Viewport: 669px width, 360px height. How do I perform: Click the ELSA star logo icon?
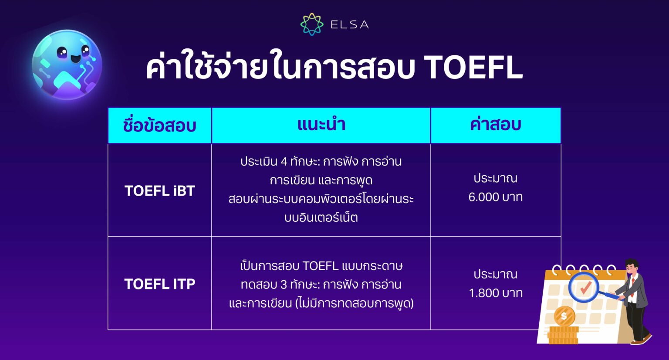pyautogui.click(x=312, y=24)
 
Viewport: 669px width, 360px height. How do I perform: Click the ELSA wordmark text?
pyautogui.click(x=349, y=25)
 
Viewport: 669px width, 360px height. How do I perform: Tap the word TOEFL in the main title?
pyautogui.click(x=473, y=67)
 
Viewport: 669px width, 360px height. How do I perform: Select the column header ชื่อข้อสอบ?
pyautogui.click(x=159, y=126)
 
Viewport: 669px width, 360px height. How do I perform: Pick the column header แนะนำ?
pyautogui.click(x=321, y=125)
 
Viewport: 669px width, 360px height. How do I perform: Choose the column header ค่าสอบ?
pyautogui.click(x=496, y=125)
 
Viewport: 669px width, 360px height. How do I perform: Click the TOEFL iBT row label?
pyautogui.click(x=159, y=191)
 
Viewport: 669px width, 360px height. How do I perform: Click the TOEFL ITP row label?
pyautogui.click(x=159, y=284)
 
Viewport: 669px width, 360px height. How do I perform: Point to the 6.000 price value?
pyautogui.click(x=483, y=197)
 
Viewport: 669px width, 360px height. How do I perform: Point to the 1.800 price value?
pyautogui.click(x=483, y=293)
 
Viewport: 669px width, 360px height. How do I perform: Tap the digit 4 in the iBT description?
pyautogui.click(x=284, y=162)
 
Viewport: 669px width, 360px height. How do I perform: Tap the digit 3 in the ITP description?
pyautogui.click(x=284, y=285)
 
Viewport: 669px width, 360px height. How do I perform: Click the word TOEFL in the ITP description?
pyautogui.click(x=320, y=266)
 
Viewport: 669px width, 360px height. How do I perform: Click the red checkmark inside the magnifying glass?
pyautogui.click(x=585, y=287)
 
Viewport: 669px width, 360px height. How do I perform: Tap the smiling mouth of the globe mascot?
pyautogui.click(x=75, y=58)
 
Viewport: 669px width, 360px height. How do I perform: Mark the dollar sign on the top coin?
pyautogui.click(x=564, y=316)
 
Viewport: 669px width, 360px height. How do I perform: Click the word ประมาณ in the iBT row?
pyautogui.click(x=496, y=178)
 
